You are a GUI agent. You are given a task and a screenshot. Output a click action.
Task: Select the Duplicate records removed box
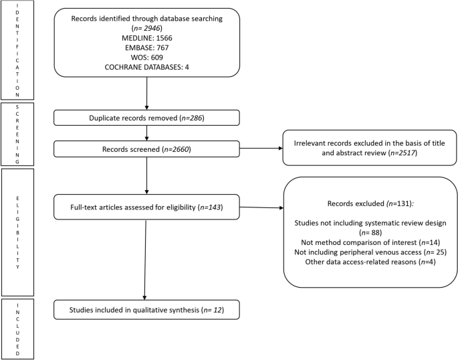coord(146,118)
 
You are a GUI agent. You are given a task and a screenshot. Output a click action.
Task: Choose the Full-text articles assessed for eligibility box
coord(146,207)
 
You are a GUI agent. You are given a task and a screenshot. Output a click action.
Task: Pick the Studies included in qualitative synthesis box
coord(146,310)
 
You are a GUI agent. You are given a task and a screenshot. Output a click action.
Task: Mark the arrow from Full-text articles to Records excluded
coord(260,207)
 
